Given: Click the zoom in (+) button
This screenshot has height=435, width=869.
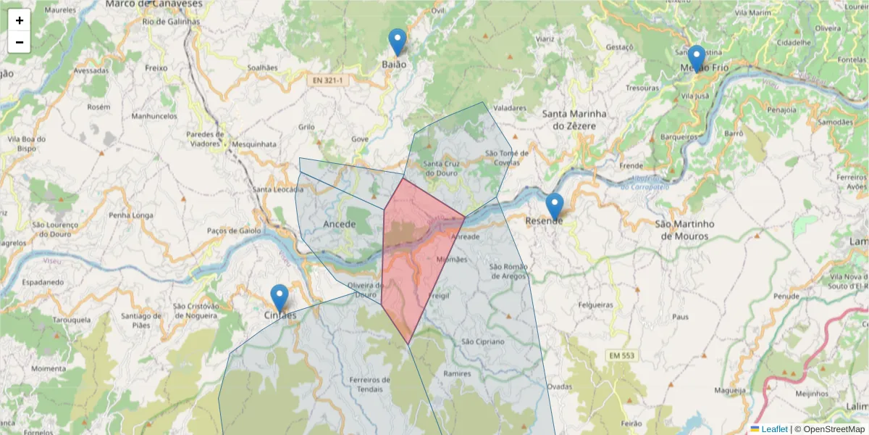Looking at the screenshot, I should click(20, 20).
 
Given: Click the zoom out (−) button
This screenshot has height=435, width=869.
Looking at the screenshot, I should click(20, 42).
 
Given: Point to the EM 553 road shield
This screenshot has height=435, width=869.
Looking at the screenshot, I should click(624, 355).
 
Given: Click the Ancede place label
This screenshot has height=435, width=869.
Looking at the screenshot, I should click(339, 224).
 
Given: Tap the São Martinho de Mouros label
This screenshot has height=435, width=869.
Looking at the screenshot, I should click(684, 230).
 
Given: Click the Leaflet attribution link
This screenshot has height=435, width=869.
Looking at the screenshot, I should click(774, 429).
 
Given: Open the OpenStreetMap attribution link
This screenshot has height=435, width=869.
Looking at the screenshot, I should click(834, 429).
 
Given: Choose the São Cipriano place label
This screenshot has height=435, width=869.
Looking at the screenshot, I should click(482, 341).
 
